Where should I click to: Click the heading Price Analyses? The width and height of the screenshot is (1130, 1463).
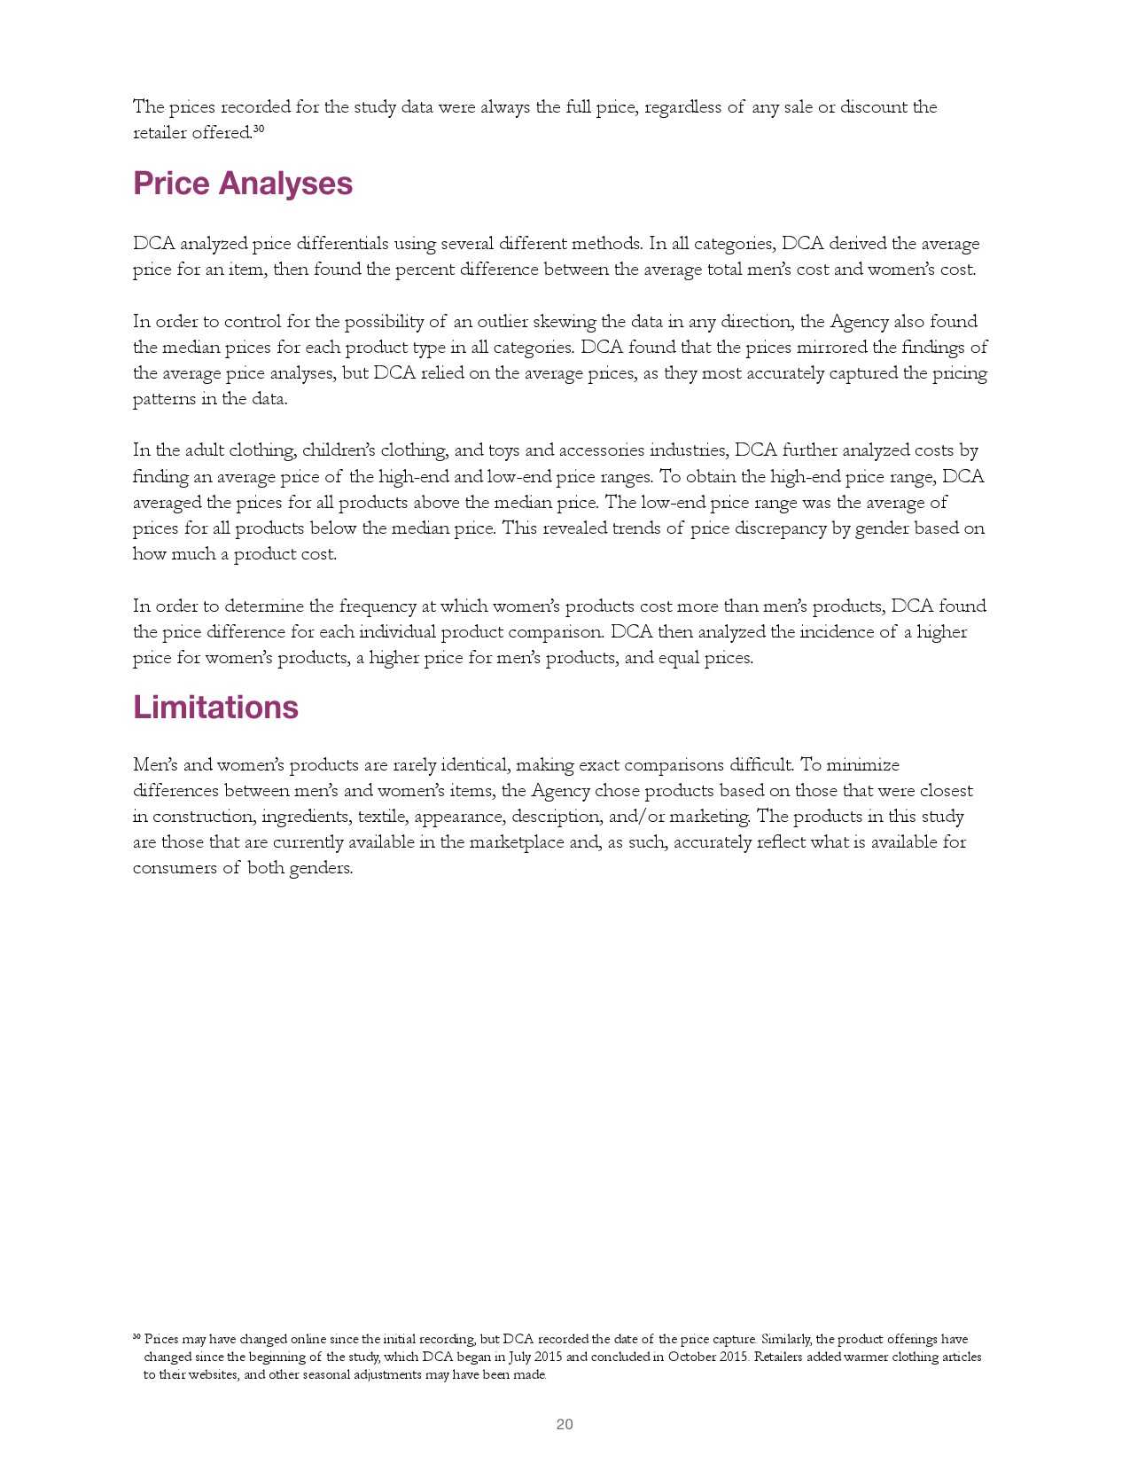(x=243, y=184)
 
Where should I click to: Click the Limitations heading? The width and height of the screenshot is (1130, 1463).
(x=215, y=708)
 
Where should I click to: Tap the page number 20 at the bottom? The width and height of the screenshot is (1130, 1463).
(x=565, y=1424)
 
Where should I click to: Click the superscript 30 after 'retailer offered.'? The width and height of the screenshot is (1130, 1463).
(x=259, y=129)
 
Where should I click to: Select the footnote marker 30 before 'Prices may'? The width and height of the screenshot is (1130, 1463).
(x=136, y=1336)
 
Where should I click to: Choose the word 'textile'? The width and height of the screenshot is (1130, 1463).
(x=381, y=817)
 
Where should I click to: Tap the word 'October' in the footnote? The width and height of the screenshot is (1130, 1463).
(x=695, y=1357)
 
